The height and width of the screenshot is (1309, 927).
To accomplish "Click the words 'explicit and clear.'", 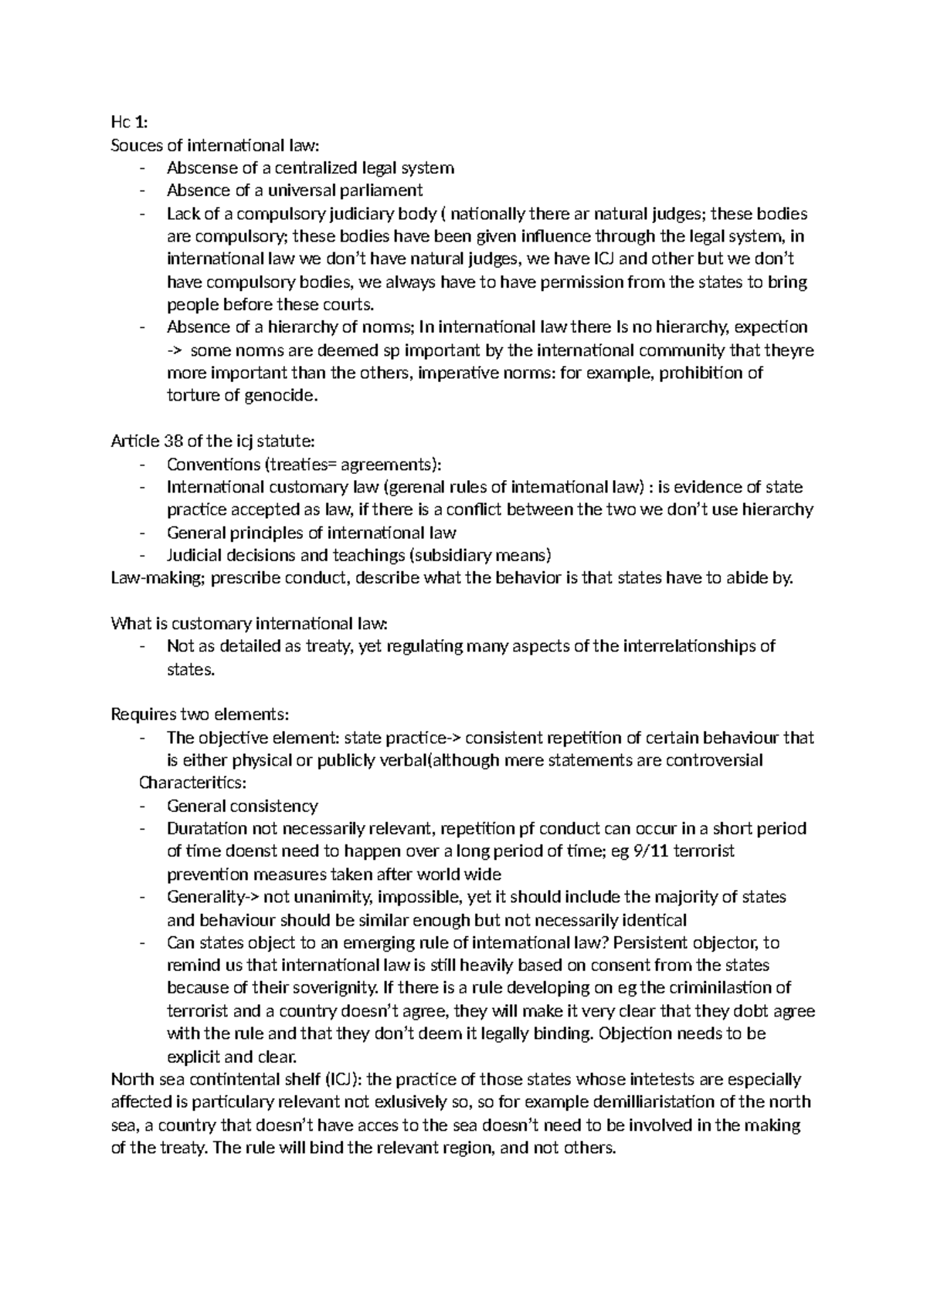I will click(232, 1057).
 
